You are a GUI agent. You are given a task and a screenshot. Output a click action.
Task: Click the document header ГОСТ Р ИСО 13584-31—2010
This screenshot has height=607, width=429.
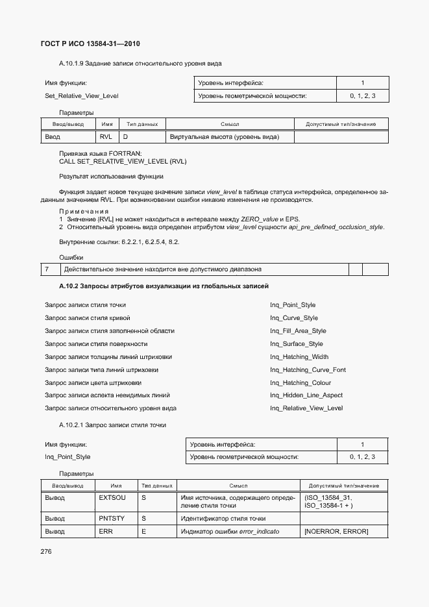(x=91, y=44)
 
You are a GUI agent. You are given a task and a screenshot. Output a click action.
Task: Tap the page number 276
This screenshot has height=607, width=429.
(x=47, y=551)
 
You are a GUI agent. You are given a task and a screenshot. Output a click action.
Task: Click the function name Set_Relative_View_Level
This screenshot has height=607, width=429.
(x=81, y=96)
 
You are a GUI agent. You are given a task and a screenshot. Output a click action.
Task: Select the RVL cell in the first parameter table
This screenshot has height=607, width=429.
(x=106, y=137)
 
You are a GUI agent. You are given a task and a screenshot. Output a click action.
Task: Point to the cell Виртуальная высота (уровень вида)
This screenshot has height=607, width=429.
(x=224, y=137)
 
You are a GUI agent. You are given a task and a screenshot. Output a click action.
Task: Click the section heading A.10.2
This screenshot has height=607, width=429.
(x=164, y=286)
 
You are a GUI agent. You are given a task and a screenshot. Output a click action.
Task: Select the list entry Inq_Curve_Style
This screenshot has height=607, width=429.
(x=294, y=318)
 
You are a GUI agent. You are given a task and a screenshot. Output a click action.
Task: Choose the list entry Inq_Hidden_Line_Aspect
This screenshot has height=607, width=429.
(x=306, y=395)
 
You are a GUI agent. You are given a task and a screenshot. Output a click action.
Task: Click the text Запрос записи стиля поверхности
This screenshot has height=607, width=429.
(x=96, y=344)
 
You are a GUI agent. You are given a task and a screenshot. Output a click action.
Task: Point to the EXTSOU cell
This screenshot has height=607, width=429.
(x=112, y=497)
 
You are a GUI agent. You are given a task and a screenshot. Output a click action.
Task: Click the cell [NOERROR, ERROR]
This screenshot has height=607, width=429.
(x=336, y=532)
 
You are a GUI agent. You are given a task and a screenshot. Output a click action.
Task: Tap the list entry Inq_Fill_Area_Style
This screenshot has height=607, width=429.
(x=298, y=331)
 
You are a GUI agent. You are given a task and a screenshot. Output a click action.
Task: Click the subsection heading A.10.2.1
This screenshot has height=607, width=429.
(x=112, y=425)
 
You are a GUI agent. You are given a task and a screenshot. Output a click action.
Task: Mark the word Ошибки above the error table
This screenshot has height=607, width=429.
(x=71, y=258)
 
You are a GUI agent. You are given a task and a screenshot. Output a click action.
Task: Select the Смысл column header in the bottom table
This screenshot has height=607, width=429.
(x=238, y=486)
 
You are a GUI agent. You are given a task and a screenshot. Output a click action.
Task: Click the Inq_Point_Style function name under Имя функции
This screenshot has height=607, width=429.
(x=67, y=457)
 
